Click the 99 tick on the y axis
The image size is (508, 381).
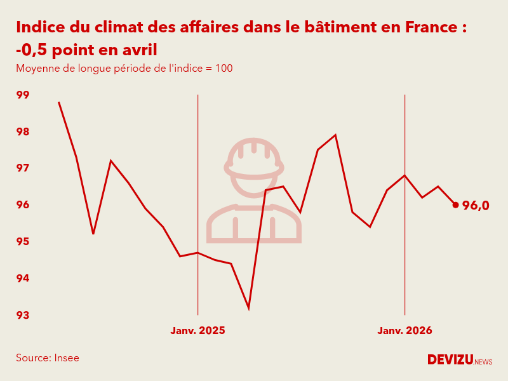point(23,95)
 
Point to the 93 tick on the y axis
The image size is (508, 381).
point(23,315)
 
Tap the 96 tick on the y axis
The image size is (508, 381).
point(23,205)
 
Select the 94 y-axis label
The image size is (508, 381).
point(23,278)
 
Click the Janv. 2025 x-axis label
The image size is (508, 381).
point(197,331)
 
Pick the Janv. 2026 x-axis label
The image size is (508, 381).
point(404,331)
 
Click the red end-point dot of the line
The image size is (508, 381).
point(455,204)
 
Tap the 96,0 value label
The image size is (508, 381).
point(476,205)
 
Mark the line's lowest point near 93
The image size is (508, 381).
point(248,309)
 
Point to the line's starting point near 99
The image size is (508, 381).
point(59,102)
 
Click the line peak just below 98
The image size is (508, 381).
point(335,135)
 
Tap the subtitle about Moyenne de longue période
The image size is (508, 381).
point(124,68)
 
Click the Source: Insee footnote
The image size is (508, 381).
point(48,358)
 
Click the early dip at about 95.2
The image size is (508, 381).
point(93,234)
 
